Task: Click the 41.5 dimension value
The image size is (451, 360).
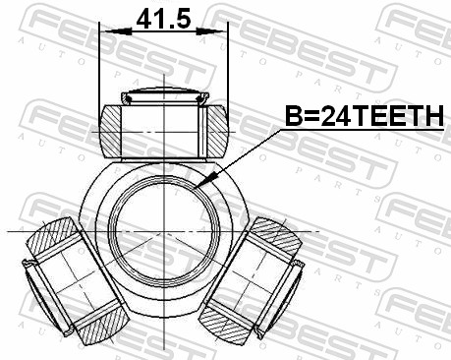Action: pos(163,19)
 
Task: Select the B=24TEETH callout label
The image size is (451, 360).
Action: pos(364,118)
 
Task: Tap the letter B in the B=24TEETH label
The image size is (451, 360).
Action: pos(292,118)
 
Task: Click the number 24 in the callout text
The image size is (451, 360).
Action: pos(335,118)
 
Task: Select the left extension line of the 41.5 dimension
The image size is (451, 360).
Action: pos(100,69)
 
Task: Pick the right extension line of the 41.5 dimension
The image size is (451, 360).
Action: pos(227,69)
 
